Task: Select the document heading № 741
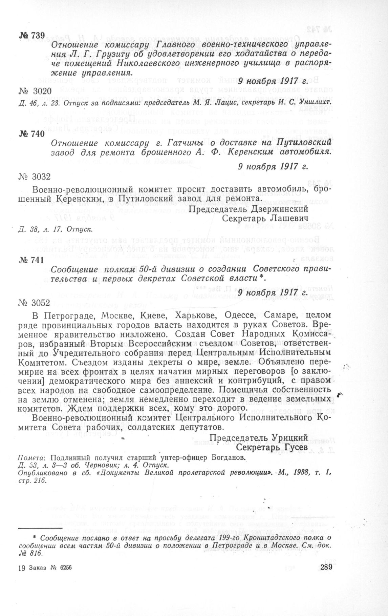(31, 260)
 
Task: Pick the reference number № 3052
(35, 302)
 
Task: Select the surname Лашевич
(291, 218)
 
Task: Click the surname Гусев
(295, 447)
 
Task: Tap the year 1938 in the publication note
(299, 473)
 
